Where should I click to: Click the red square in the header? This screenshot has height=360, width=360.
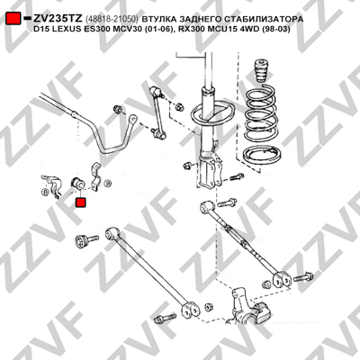pyautogui.click(x=13, y=19)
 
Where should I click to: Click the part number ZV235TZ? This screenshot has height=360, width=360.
pyautogui.click(x=58, y=19)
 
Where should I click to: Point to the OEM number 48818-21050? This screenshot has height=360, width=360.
pyautogui.click(x=112, y=19)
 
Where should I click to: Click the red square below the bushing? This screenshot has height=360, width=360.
pyautogui.click(x=80, y=202)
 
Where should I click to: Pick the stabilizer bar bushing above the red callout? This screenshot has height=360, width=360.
pyautogui.click(x=78, y=183)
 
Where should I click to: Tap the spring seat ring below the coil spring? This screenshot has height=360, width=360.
pyautogui.click(x=262, y=156)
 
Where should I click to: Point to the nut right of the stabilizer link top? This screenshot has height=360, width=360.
pyautogui.click(x=180, y=106)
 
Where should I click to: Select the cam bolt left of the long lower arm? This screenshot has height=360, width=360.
pyautogui.click(x=82, y=241)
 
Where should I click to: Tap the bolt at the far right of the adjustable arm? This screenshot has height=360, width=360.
pyautogui.click(x=303, y=277)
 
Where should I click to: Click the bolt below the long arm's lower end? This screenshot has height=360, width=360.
pyautogui.click(x=166, y=318)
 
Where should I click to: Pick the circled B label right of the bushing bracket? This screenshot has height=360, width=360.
pyautogui.click(x=107, y=183)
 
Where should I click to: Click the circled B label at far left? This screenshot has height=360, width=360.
pyautogui.click(x=45, y=193)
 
